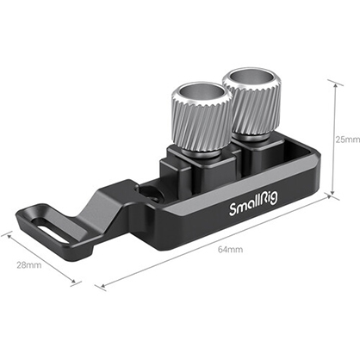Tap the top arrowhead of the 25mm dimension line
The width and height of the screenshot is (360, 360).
tap(331, 83)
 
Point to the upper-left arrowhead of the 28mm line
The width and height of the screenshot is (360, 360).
tap(4, 233)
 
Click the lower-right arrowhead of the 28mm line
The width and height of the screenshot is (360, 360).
tap(78, 282)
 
